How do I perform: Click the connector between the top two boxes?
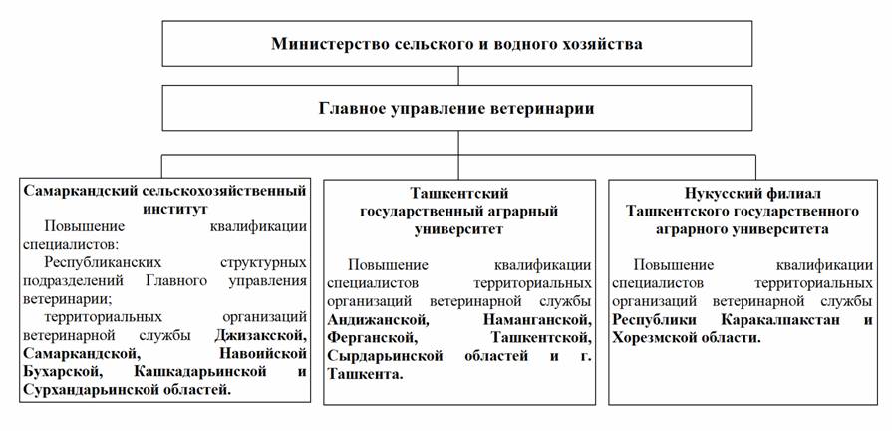coord(458,76)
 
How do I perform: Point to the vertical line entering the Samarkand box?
coord(162,166)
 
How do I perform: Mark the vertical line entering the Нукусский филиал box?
coord(755,167)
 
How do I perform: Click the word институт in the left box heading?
coord(166,209)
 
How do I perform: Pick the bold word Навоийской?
coord(263,353)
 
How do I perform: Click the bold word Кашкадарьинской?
coord(200,372)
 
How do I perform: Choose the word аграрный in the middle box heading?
coord(520,212)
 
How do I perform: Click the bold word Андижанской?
coord(378,320)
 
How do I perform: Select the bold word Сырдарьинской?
coord(385,356)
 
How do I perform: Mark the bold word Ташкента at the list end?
coord(365,375)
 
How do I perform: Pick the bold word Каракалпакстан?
coord(780,320)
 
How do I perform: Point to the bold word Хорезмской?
coord(655,338)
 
